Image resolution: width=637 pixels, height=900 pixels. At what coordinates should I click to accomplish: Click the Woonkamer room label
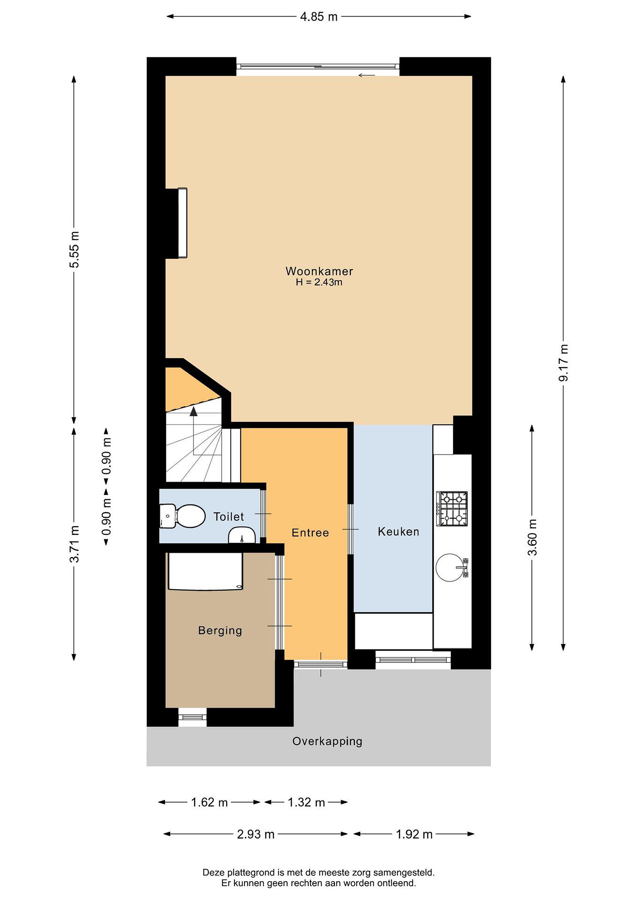tap(319, 271)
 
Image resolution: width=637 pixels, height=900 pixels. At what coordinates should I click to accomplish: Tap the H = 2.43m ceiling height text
tap(319, 282)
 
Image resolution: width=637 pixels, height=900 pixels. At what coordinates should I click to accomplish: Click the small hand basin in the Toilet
tap(242, 535)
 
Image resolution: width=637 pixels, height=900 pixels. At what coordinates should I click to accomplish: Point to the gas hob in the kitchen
tap(452, 508)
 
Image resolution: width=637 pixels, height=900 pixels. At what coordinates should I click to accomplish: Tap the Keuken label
tap(398, 532)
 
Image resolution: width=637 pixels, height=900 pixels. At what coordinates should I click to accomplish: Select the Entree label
tap(310, 533)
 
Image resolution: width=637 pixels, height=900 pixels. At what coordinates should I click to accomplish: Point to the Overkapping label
tap(327, 742)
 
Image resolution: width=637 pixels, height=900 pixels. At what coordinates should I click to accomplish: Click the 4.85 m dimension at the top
tap(318, 17)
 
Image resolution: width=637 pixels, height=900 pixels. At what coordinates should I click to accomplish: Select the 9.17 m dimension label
tap(564, 362)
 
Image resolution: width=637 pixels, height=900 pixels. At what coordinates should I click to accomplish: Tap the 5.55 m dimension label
tap(74, 250)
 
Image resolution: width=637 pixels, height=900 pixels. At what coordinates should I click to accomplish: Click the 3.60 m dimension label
tap(532, 537)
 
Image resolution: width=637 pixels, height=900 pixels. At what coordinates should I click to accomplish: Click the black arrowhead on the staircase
tap(193, 411)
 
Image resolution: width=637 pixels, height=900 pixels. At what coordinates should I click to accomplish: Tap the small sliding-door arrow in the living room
tap(367, 75)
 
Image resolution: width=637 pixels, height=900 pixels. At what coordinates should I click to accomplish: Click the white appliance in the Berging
tap(205, 571)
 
